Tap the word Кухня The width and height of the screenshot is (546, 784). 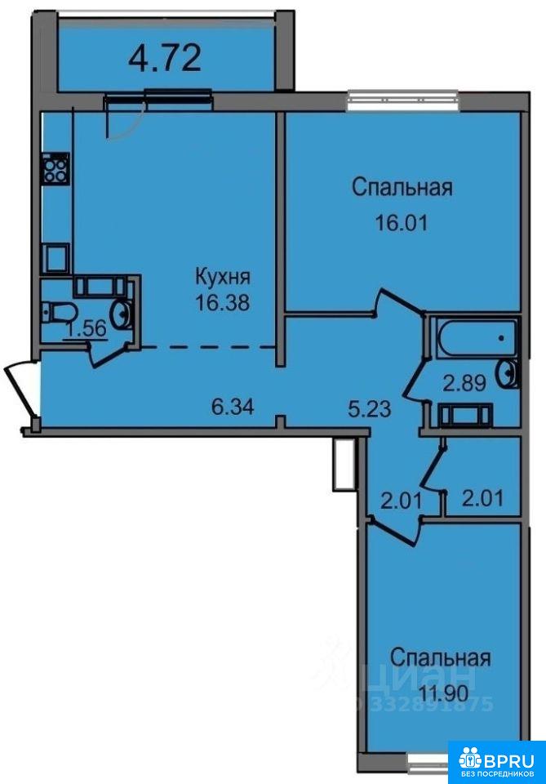click(x=222, y=276)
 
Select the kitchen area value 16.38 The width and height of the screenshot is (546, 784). click(x=222, y=302)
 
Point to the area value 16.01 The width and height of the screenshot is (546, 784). click(x=402, y=222)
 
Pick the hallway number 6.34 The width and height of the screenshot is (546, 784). click(x=233, y=407)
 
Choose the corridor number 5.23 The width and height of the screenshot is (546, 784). click(x=370, y=408)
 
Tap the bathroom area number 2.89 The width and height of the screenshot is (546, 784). click(x=464, y=384)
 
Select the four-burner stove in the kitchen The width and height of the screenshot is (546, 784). click(x=55, y=168)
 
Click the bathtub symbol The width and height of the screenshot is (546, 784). click(x=476, y=338)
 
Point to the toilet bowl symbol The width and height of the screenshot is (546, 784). click(x=58, y=314)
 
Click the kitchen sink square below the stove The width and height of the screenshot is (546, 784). click(x=55, y=257)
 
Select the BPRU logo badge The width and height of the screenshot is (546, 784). click(x=496, y=762)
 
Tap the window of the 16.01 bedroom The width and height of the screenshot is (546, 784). click(x=402, y=100)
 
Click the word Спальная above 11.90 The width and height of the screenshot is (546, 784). click(x=440, y=658)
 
